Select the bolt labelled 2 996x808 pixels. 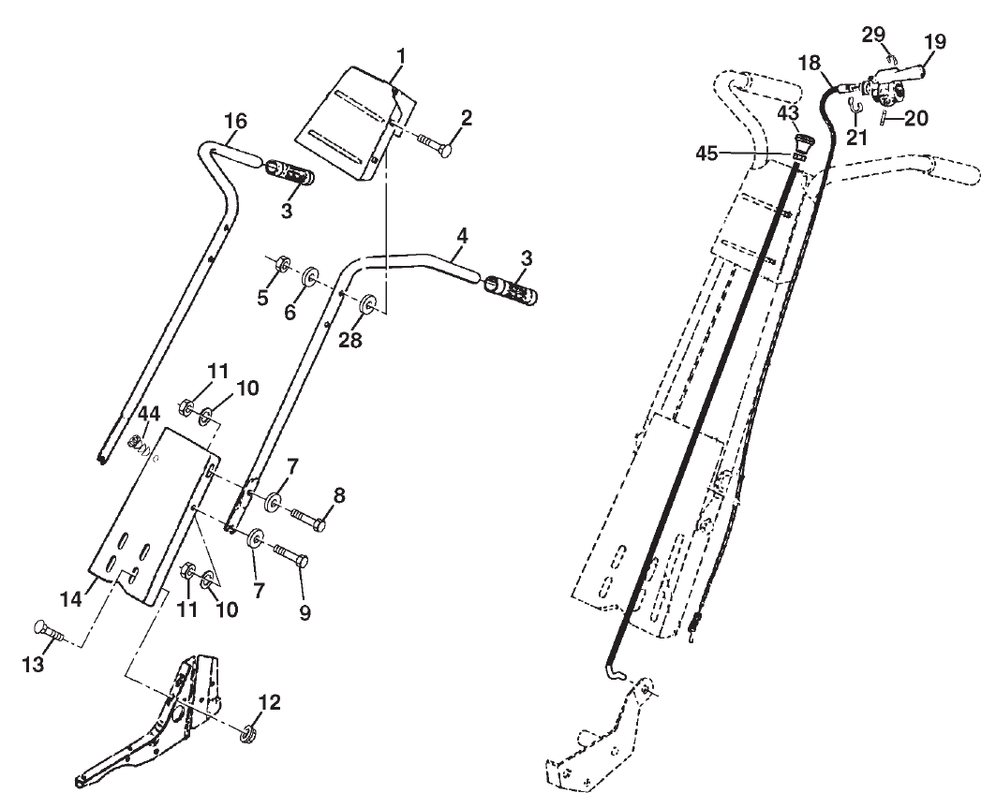pyautogui.click(x=431, y=143)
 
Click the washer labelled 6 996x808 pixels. pyautogui.click(x=308, y=278)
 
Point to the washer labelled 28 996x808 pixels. pyautogui.click(x=367, y=304)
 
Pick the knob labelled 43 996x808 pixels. pyautogui.click(x=802, y=146)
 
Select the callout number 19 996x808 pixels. pyautogui.click(x=935, y=42)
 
